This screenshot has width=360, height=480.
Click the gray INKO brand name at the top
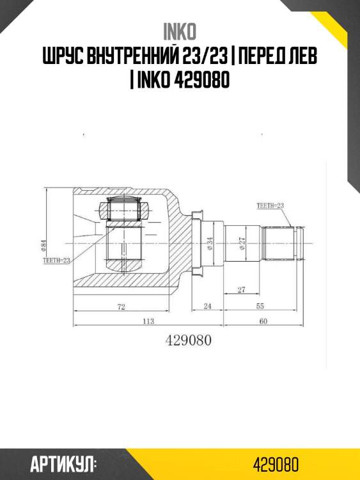coord(180,32)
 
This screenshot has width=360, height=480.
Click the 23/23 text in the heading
coord(203,56)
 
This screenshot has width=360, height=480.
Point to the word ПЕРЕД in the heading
coord(260,56)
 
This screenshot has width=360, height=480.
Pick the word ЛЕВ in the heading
coord(302,56)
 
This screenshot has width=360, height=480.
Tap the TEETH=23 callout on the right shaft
coord(270,205)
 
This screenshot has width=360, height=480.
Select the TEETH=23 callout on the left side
coord(56,260)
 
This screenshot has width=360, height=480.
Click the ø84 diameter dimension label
coord(43,246)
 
